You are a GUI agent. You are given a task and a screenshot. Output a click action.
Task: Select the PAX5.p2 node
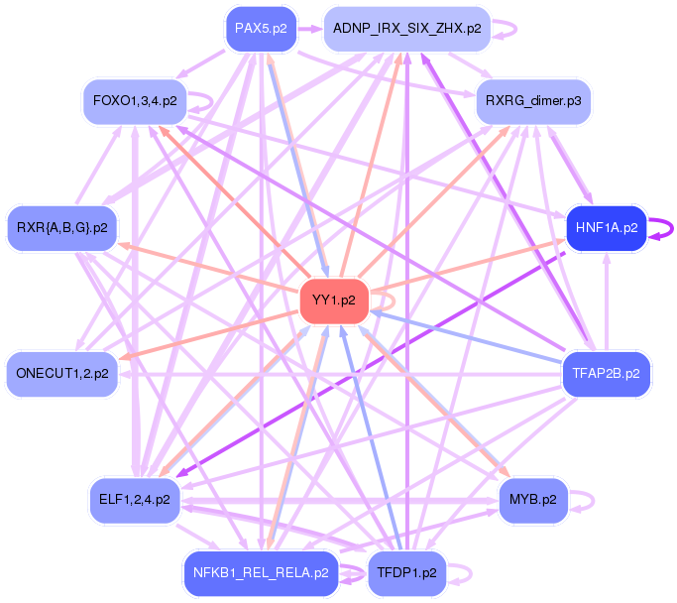pyautogui.click(x=261, y=29)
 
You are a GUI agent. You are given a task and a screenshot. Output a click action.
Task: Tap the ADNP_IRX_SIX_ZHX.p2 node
pyautogui.click(x=407, y=29)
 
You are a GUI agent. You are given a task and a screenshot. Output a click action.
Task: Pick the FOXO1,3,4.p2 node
pyautogui.click(x=135, y=101)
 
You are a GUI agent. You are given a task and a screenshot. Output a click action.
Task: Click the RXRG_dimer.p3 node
pyautogui.click(x=533, y=101)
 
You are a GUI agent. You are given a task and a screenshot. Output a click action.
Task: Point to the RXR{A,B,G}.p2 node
pyautogui.click(x=61, y=228)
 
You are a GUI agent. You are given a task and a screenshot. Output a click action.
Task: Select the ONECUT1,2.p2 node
pyautogui.click(x=61, y=374)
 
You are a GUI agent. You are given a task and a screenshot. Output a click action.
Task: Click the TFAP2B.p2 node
pyautogui.click(x=607, y=374)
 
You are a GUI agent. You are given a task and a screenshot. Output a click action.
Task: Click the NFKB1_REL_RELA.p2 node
pyautogui.click(x=262, y=572)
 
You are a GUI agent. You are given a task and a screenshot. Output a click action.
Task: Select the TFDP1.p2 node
pyautogui.click(x=407, y=572)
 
